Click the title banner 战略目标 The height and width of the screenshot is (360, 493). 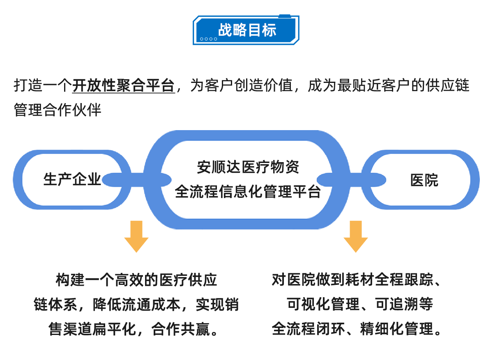246,30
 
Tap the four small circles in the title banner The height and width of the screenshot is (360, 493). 208,39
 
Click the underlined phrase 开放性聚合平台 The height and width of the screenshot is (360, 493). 124,86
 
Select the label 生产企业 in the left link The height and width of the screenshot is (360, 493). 72,179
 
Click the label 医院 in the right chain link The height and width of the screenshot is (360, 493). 424,180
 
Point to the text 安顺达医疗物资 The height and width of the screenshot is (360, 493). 248,167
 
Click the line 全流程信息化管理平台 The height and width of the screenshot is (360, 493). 248,192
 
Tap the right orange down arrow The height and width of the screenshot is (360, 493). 356,236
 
